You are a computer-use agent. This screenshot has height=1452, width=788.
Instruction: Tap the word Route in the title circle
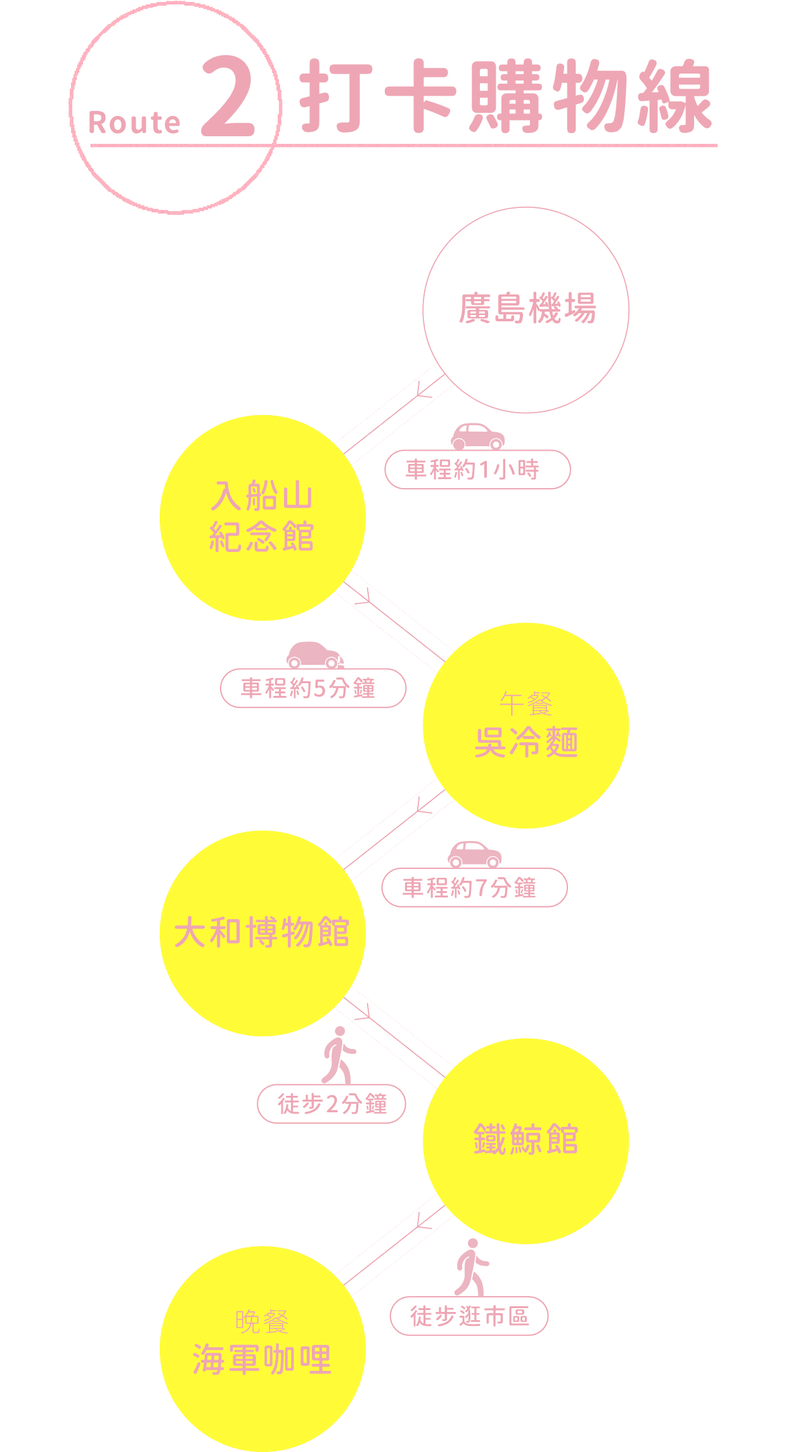[x=134, y=123]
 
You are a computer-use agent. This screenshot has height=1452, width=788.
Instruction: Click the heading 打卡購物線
[x=506, y=96]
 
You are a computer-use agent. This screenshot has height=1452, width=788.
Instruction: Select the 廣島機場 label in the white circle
[x=527, y=309]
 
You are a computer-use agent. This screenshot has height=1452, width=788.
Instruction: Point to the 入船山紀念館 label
[x=262, y=517]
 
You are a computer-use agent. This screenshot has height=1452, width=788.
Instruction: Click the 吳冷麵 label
[x=526, y=742]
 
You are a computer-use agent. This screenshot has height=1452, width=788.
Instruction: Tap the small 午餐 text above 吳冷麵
[x=526, y=704]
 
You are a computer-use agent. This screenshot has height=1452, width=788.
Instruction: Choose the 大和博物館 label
[x=262, y=932]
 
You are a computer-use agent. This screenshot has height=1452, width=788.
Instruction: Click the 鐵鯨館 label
[x=526, y=1139]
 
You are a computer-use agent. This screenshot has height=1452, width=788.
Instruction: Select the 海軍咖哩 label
[x=262, y=1359]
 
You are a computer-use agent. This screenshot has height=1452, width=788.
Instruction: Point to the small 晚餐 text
[x=262, y=1321]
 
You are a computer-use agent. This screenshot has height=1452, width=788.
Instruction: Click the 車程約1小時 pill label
[x=477, y=470]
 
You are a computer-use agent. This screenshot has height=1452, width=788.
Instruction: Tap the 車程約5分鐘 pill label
[x=313, y=688]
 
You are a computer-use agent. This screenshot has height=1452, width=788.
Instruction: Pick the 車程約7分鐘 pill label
[x=474, y=887]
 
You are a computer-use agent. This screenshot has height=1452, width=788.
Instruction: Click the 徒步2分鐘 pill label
[x=332, y=1104]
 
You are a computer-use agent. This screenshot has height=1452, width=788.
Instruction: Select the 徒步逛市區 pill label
[x=469, y=1316]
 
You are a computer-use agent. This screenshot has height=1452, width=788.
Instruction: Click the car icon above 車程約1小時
[x=478, y=436]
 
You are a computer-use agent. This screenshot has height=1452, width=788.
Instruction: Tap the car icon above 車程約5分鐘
[x=314, y=655]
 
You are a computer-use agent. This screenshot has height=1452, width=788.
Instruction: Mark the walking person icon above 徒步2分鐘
[x=339, y=1055]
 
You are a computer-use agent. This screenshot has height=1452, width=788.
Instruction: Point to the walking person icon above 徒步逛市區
[x=471, y=1268]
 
